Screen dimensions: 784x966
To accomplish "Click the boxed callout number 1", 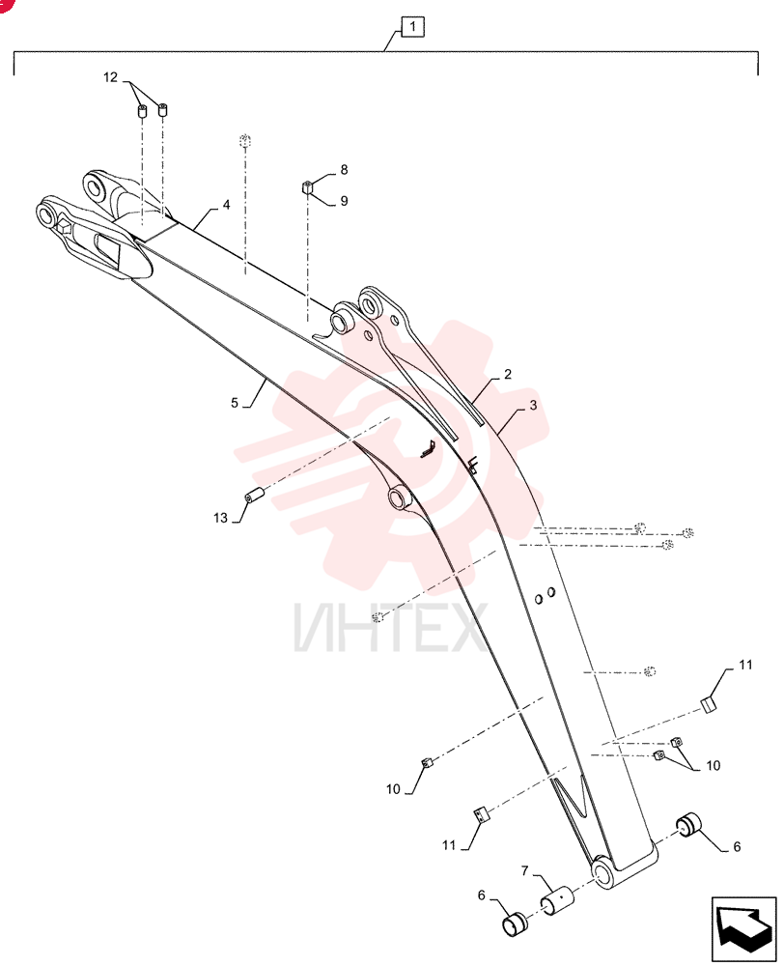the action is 412,27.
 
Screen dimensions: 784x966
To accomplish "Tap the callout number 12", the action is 110,77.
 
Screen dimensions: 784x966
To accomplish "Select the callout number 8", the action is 344,169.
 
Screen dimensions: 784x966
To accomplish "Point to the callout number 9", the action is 344,201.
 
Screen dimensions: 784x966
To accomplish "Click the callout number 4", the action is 226,205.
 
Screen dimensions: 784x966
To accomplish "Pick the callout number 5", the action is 234,403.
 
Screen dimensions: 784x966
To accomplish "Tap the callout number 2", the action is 508,374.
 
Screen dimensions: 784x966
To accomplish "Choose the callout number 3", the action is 533,406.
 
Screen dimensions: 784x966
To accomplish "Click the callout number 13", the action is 220,518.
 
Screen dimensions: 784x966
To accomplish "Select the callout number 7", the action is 524,871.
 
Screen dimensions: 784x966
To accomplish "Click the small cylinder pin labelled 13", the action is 254,494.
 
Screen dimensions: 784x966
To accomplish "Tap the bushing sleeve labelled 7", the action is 556,898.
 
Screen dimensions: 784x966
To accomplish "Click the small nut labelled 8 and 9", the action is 308,187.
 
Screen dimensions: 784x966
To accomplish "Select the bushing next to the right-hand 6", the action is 689,825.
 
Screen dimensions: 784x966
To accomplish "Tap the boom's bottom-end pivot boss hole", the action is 602,871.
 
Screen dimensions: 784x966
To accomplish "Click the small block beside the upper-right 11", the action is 709,705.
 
